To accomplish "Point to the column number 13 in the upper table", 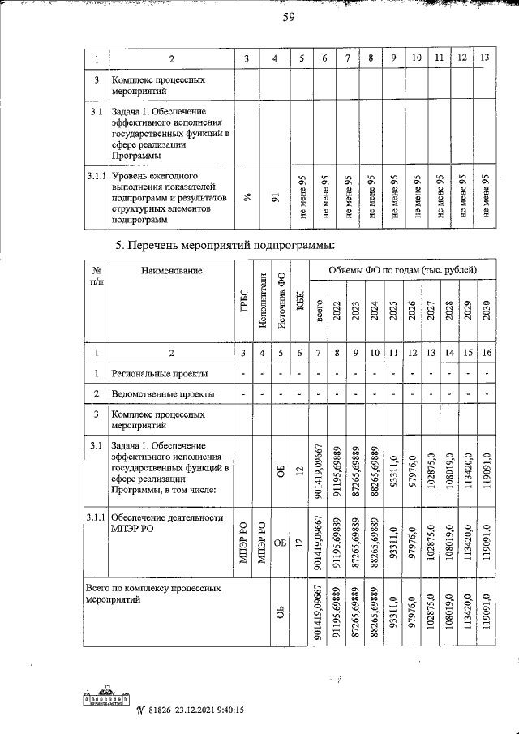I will point(485,58).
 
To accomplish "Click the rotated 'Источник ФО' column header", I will point(280,302).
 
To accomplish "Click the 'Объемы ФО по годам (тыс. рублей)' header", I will point(403,269).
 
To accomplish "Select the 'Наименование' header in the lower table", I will point(169,270).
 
